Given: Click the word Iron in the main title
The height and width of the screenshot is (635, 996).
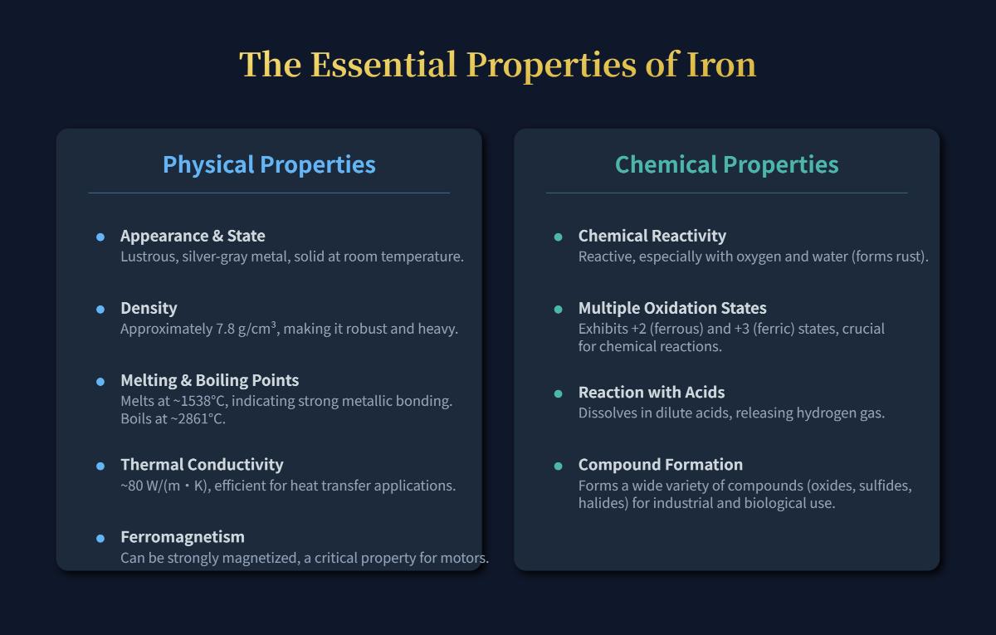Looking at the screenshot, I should (x=720, y=65).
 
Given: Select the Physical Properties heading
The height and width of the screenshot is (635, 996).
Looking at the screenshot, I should (x=269, y=164).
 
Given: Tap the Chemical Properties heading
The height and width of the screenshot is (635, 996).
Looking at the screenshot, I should (x=726, y=164).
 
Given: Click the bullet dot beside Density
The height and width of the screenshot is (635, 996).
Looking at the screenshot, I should (x=100, y=310).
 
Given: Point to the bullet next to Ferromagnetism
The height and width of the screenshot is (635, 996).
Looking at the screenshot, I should (x=100, y=538).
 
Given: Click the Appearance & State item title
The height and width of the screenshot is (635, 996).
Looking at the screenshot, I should (x=193, y=236).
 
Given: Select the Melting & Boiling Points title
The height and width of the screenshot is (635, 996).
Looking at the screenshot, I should (x=209, y=380).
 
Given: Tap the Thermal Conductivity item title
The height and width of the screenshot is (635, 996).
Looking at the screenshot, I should (x=202, y=464).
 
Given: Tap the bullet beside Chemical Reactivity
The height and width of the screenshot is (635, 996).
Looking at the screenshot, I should (x=559, y=237).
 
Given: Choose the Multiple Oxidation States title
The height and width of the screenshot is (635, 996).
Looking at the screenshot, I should (x=672, y=308).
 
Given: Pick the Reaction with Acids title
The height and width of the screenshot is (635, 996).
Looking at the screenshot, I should (x=652, y=392).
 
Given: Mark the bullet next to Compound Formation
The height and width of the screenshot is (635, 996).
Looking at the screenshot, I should (x=559, y=466).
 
